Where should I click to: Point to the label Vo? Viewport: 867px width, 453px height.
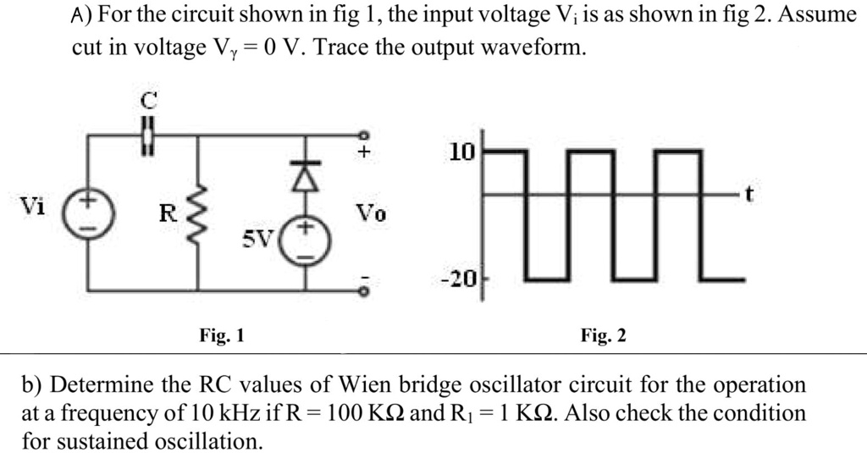click(370, 214)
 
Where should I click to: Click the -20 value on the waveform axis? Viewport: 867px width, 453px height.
click(462, 278)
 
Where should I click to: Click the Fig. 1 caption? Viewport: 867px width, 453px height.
click(222, 336)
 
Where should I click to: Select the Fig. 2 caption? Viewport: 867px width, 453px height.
click(604, 336)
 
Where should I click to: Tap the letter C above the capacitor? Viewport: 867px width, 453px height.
click(148, 101)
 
